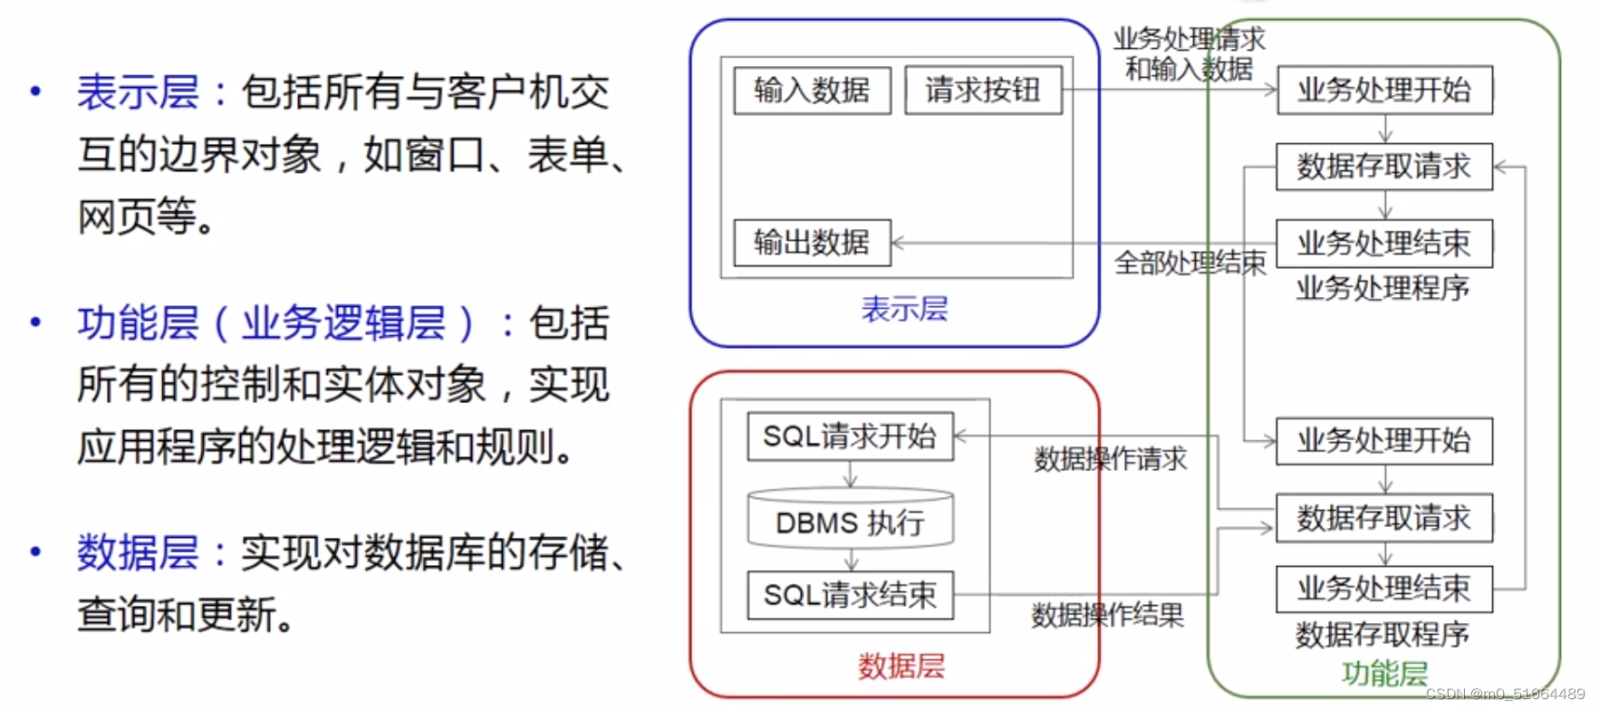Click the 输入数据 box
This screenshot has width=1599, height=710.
coord(812,90)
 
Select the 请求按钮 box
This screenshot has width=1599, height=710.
coord(983,90)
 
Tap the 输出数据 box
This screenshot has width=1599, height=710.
coord(812,243)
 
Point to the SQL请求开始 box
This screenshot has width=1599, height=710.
coord(850,437)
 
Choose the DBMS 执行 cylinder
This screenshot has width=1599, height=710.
coord(850,521)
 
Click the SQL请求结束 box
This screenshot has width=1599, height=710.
coord(850,595)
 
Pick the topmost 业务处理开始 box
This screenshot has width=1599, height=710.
coord(1384,90)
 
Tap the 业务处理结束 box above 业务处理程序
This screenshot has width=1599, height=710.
coord(1384,243)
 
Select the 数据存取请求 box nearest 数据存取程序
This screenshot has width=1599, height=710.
coord(1384,518)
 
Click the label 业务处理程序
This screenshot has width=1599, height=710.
coord(1382,289)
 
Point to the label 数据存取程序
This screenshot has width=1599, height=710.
coord(1382,635)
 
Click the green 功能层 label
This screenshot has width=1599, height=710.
coord(1384,674)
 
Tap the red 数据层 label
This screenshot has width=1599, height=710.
coord(901,667)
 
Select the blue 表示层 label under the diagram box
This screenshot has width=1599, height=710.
coord(904,309)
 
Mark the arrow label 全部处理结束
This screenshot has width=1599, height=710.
coord(1190,263)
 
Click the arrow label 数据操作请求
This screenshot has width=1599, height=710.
coord(1111,459)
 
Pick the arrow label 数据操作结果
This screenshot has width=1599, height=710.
coord(1108,616)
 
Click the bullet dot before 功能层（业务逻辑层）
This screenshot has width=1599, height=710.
coord(35,322)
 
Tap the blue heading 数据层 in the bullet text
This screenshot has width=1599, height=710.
coord(138,552)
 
